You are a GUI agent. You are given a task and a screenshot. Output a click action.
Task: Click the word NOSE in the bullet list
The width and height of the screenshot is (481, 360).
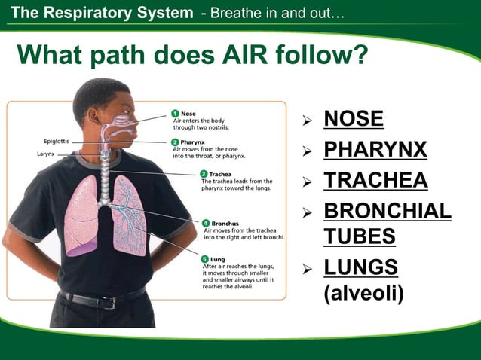354,119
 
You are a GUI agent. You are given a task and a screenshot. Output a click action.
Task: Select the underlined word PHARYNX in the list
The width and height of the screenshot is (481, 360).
375,149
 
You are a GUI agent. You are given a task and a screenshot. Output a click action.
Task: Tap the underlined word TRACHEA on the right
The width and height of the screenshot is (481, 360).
375,181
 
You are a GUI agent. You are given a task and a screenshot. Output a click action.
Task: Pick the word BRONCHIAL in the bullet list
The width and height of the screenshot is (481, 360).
388,212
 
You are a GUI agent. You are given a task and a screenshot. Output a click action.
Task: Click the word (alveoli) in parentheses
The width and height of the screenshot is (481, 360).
363,292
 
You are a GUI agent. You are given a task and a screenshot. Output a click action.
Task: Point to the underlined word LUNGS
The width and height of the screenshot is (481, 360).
361,267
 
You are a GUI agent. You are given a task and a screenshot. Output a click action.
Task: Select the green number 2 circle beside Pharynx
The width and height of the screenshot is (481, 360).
175,142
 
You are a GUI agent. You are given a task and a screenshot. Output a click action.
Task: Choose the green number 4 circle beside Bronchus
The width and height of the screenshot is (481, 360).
205,223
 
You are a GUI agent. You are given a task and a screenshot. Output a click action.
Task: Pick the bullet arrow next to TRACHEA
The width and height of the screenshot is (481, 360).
307,182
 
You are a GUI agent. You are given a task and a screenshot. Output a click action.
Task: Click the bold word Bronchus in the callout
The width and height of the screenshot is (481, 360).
225,223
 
